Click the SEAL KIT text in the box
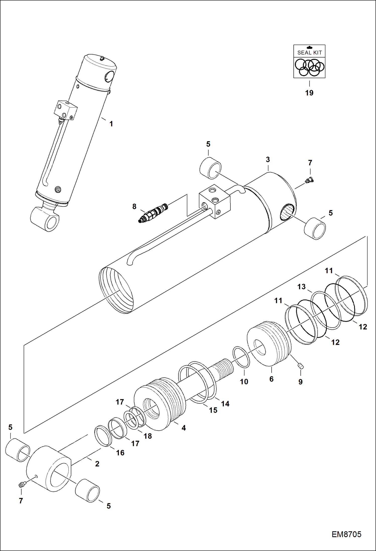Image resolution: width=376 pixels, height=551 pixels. point(309,53)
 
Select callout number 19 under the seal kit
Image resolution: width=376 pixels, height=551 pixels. point(309,93)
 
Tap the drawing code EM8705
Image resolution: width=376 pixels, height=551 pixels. point(346,534)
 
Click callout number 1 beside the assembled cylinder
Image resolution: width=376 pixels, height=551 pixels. point(111,124)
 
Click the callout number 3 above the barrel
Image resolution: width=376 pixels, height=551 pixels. point(268,160)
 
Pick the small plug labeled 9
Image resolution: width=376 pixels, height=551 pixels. point(300,366)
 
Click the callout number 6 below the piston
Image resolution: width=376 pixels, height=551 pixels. point(271,379)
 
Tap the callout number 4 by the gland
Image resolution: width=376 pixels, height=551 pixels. point(184,428)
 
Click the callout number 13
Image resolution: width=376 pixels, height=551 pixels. point(301,287)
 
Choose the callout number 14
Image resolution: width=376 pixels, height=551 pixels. point(225,404)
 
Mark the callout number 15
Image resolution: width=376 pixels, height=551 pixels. point(213,410)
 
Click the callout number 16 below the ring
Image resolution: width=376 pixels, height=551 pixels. point(120,453)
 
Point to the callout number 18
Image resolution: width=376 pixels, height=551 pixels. point(148,436)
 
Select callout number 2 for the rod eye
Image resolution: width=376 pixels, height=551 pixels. point(97,464)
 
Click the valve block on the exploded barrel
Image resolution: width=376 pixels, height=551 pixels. point(215,204)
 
